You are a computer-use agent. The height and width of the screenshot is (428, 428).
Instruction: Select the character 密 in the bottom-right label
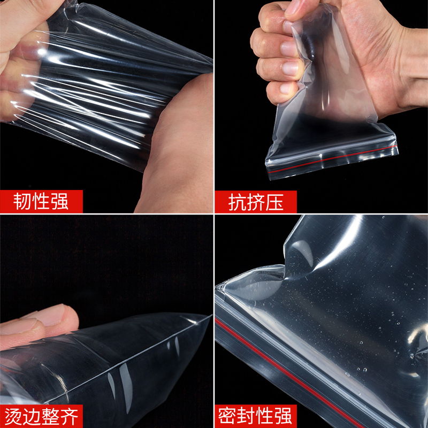pyautogui.click(x=228, y=416)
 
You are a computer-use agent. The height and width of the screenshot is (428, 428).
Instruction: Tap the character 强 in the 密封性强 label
pyautogui.click(x=286, y=416)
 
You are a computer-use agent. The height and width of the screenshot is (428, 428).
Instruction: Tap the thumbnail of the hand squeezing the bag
pyautogui.click(x=293, y=12)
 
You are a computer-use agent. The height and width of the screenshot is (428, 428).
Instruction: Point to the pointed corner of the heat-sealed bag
pyautogui.click(x=206, y=318)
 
